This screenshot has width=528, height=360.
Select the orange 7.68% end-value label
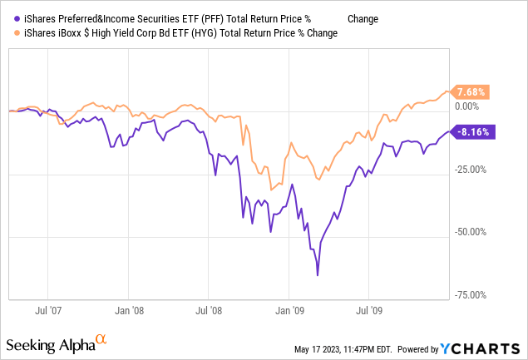click(470, 91)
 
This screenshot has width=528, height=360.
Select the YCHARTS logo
click(491, 347)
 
